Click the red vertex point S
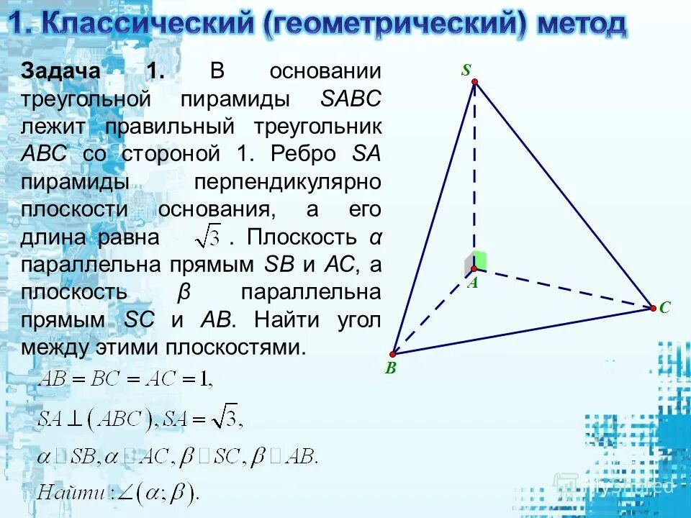[474, 83]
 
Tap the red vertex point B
[393, 354]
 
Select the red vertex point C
[652, 308]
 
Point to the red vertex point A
[474, 269]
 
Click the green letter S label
[466, 70]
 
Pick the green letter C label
[665, 308]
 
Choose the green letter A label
[473, 283]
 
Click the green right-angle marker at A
[478, 260]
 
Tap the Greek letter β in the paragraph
[183, 294]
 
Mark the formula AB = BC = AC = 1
[126, 377]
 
